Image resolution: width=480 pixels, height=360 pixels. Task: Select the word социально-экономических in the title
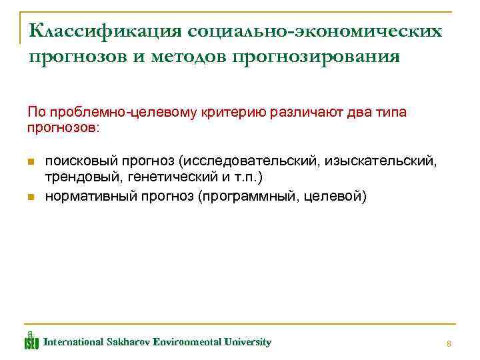click(315, 31)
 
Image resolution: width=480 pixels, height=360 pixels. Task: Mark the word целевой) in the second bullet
click(337, 197)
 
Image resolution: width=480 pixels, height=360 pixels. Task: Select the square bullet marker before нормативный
click(31, 197)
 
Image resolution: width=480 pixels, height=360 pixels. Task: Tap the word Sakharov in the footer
click(128, 342)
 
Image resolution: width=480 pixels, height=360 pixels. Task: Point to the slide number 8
click(449, 343)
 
